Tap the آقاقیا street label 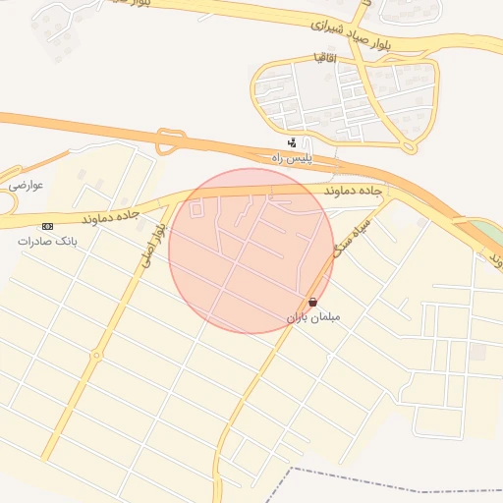pyautogui.click(x=320, y=57)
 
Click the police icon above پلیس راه pyautogui.click(x=291, y=142)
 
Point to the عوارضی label pyautogui.click(x=26, y=184)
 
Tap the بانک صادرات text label pyautogui.click(x=47, y=240)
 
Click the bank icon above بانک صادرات pyautogui.click(x=47, y=226)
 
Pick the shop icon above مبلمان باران pyautogui.click(x=312, y=303)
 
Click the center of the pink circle pyautogui.click(x=251, y=251)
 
